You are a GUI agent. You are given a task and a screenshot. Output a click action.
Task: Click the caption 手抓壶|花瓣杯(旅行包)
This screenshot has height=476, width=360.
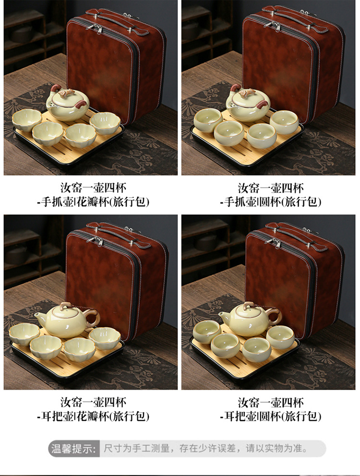(94, 202)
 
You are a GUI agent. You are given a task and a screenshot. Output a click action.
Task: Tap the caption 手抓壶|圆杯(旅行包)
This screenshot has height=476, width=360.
(271, 202)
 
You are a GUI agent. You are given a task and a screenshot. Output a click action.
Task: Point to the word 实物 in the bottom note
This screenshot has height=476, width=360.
(275, 448)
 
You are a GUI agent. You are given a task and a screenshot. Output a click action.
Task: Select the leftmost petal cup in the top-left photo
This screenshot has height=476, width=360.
(27, 120)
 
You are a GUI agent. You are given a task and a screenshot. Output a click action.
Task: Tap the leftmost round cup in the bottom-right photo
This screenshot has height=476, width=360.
(207, 333)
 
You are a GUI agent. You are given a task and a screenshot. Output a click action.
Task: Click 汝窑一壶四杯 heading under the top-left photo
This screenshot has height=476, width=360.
(94, 188)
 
